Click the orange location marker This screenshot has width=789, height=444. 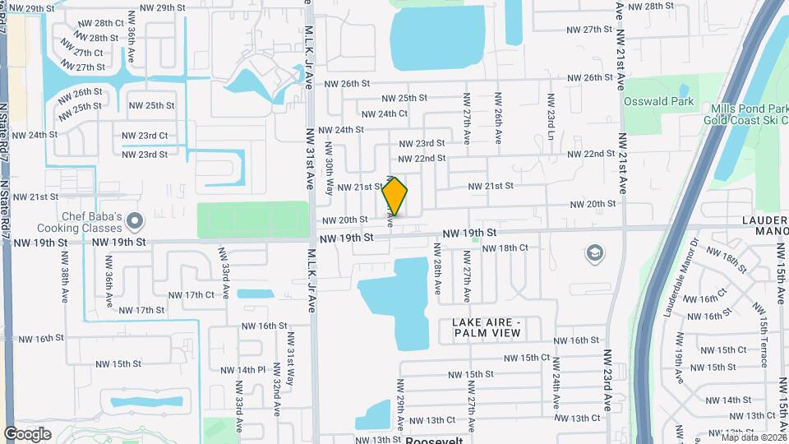394,197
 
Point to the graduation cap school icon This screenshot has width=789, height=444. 593,254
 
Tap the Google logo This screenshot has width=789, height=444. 28,434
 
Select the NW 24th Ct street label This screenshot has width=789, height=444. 384,114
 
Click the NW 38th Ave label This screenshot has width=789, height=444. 65,279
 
